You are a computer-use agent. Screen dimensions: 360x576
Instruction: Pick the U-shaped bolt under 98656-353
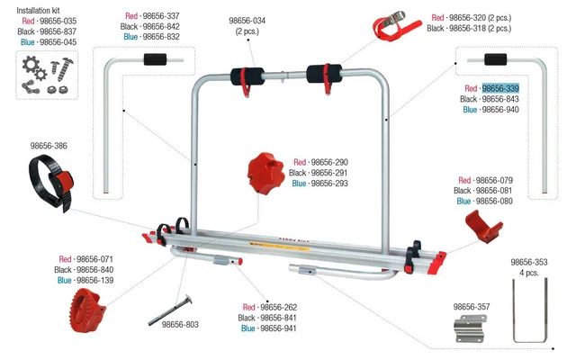point(528,311)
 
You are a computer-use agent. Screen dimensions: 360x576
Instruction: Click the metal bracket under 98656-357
point(470,327)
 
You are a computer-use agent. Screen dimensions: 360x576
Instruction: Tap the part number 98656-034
point(247,20)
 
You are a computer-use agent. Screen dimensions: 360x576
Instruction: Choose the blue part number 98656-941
point(278,328)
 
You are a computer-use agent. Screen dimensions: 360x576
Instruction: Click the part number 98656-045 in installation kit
point(58,41)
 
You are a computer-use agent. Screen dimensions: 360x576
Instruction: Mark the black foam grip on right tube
point(496,60)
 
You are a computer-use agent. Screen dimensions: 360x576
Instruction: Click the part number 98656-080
point(498,202)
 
